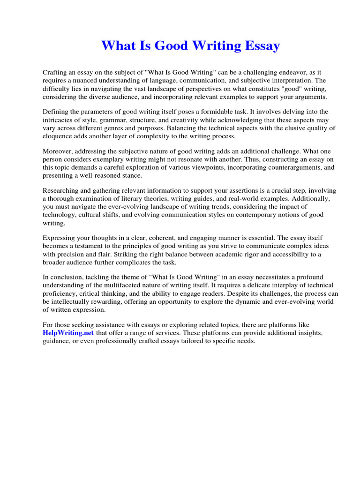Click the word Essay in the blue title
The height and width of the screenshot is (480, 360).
click(260, 46)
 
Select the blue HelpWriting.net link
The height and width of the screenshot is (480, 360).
click(68, 333)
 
